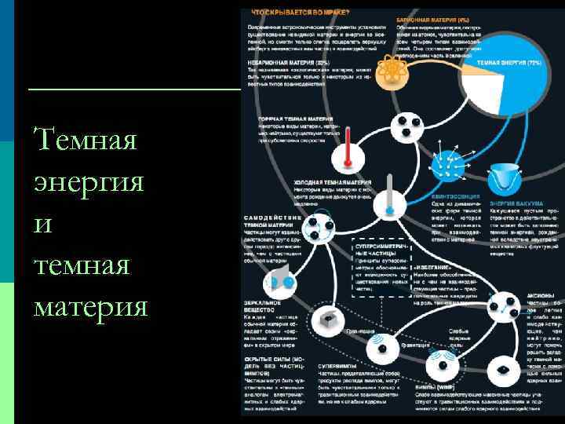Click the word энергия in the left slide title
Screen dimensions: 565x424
pos(89,182)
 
